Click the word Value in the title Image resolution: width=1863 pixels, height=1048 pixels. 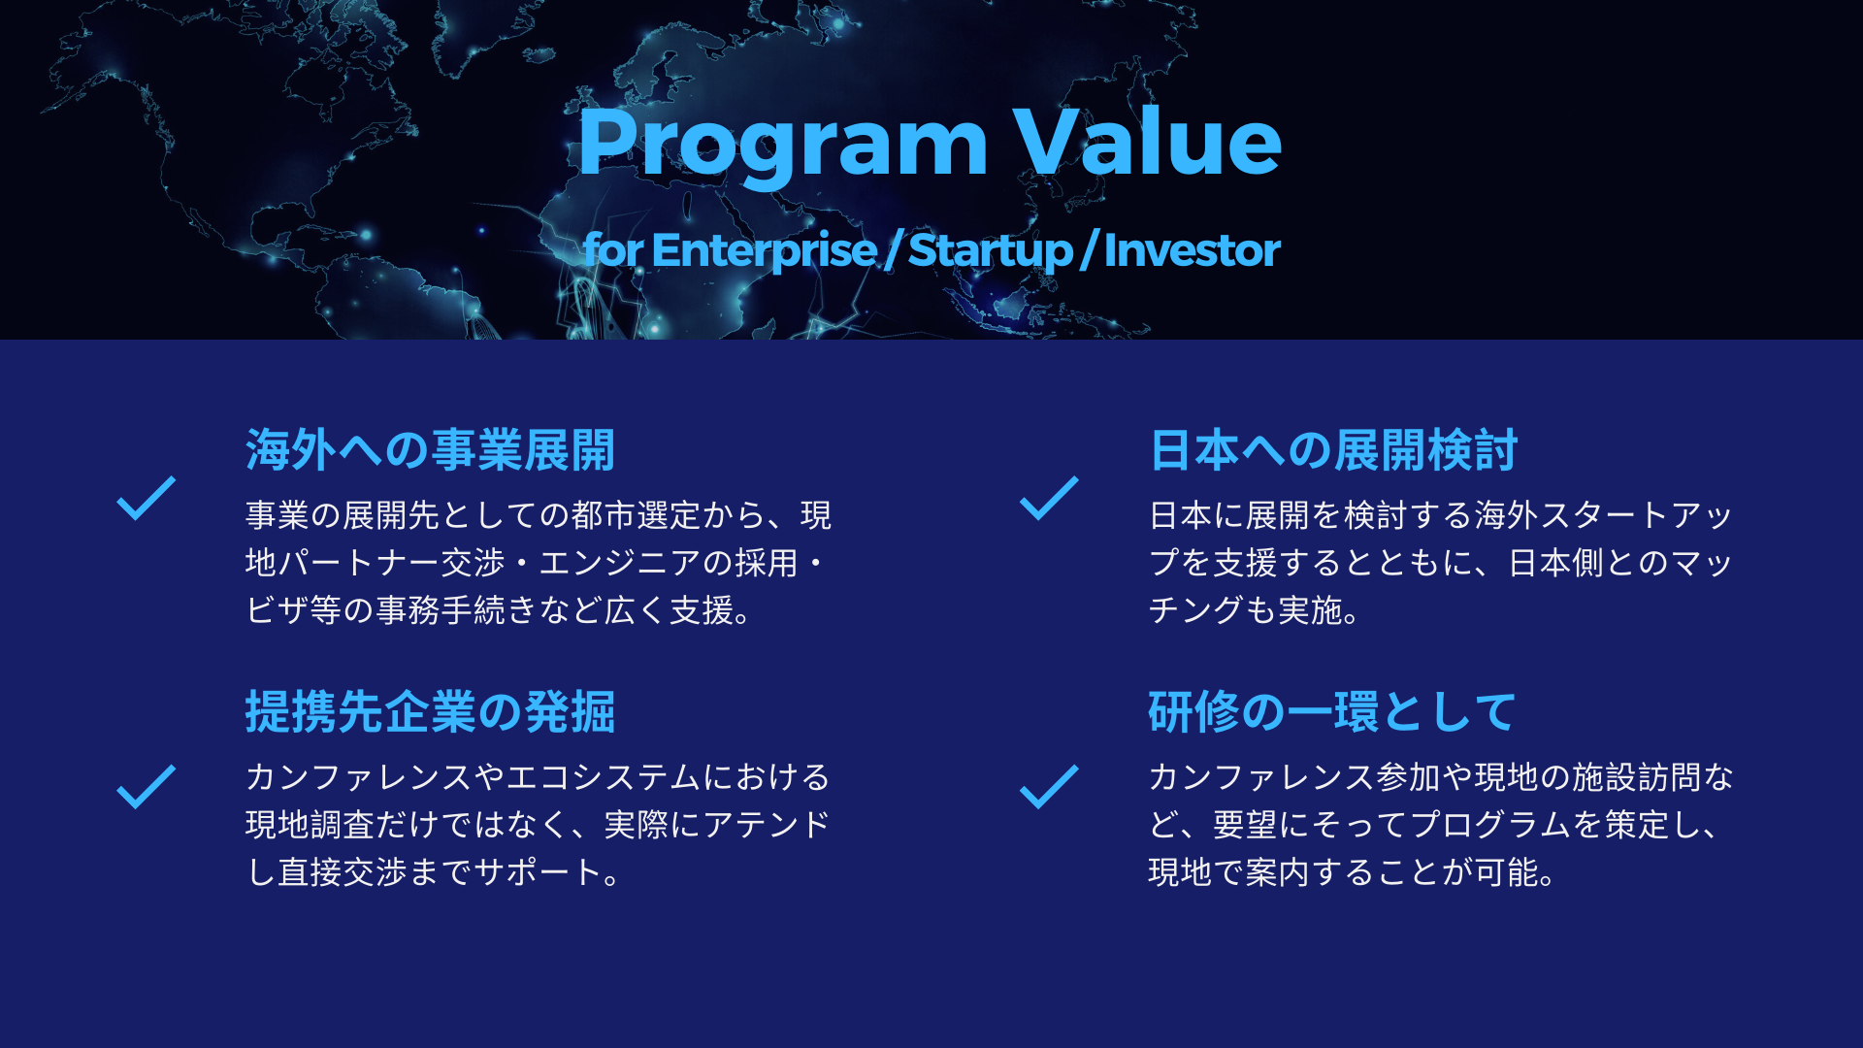click(x=1148, y=141)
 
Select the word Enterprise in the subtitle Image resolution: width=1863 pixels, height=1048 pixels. click(x=765, y=250)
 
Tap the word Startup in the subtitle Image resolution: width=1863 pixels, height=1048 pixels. click(x=990, y=250)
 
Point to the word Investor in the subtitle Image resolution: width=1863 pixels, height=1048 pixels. click(x=1192, y=249)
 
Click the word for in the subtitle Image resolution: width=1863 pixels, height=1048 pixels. click(x=613, y=249)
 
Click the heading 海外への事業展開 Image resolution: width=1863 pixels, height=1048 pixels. click(x=430, y=450)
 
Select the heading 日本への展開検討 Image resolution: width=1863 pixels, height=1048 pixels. click(x=1333, y=450)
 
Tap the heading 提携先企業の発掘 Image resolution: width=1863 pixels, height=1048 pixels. click(x=430, y=712)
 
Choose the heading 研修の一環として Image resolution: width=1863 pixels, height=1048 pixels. click(x=1331, y=712)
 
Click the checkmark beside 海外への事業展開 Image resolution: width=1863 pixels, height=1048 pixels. click(x=146, y=499)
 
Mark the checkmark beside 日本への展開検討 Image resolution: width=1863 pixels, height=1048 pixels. click(x=1049, y=499)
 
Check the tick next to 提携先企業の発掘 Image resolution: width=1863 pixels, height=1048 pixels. click(x=146, y=787)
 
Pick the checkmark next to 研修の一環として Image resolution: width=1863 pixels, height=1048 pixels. click(x=1049, y=787)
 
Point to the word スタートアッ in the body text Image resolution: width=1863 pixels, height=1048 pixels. click(x=1637, y=515)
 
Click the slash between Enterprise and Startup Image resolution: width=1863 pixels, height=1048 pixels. click(x=893, y=250)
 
